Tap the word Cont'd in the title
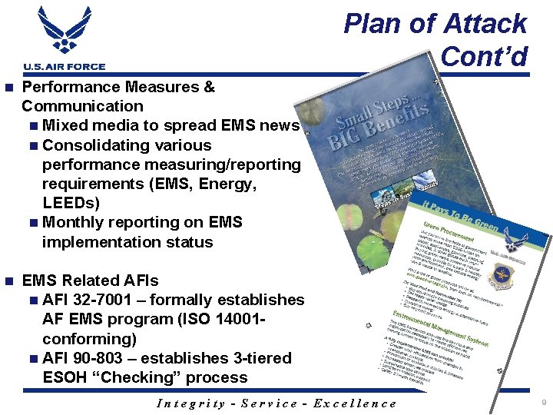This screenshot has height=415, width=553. click(484, 56)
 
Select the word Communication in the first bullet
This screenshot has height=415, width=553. click(82, 106)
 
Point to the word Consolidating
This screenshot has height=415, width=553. click(127, 145)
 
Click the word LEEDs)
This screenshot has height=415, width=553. click(71, 203)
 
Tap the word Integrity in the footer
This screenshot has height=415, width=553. click(190, 403)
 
